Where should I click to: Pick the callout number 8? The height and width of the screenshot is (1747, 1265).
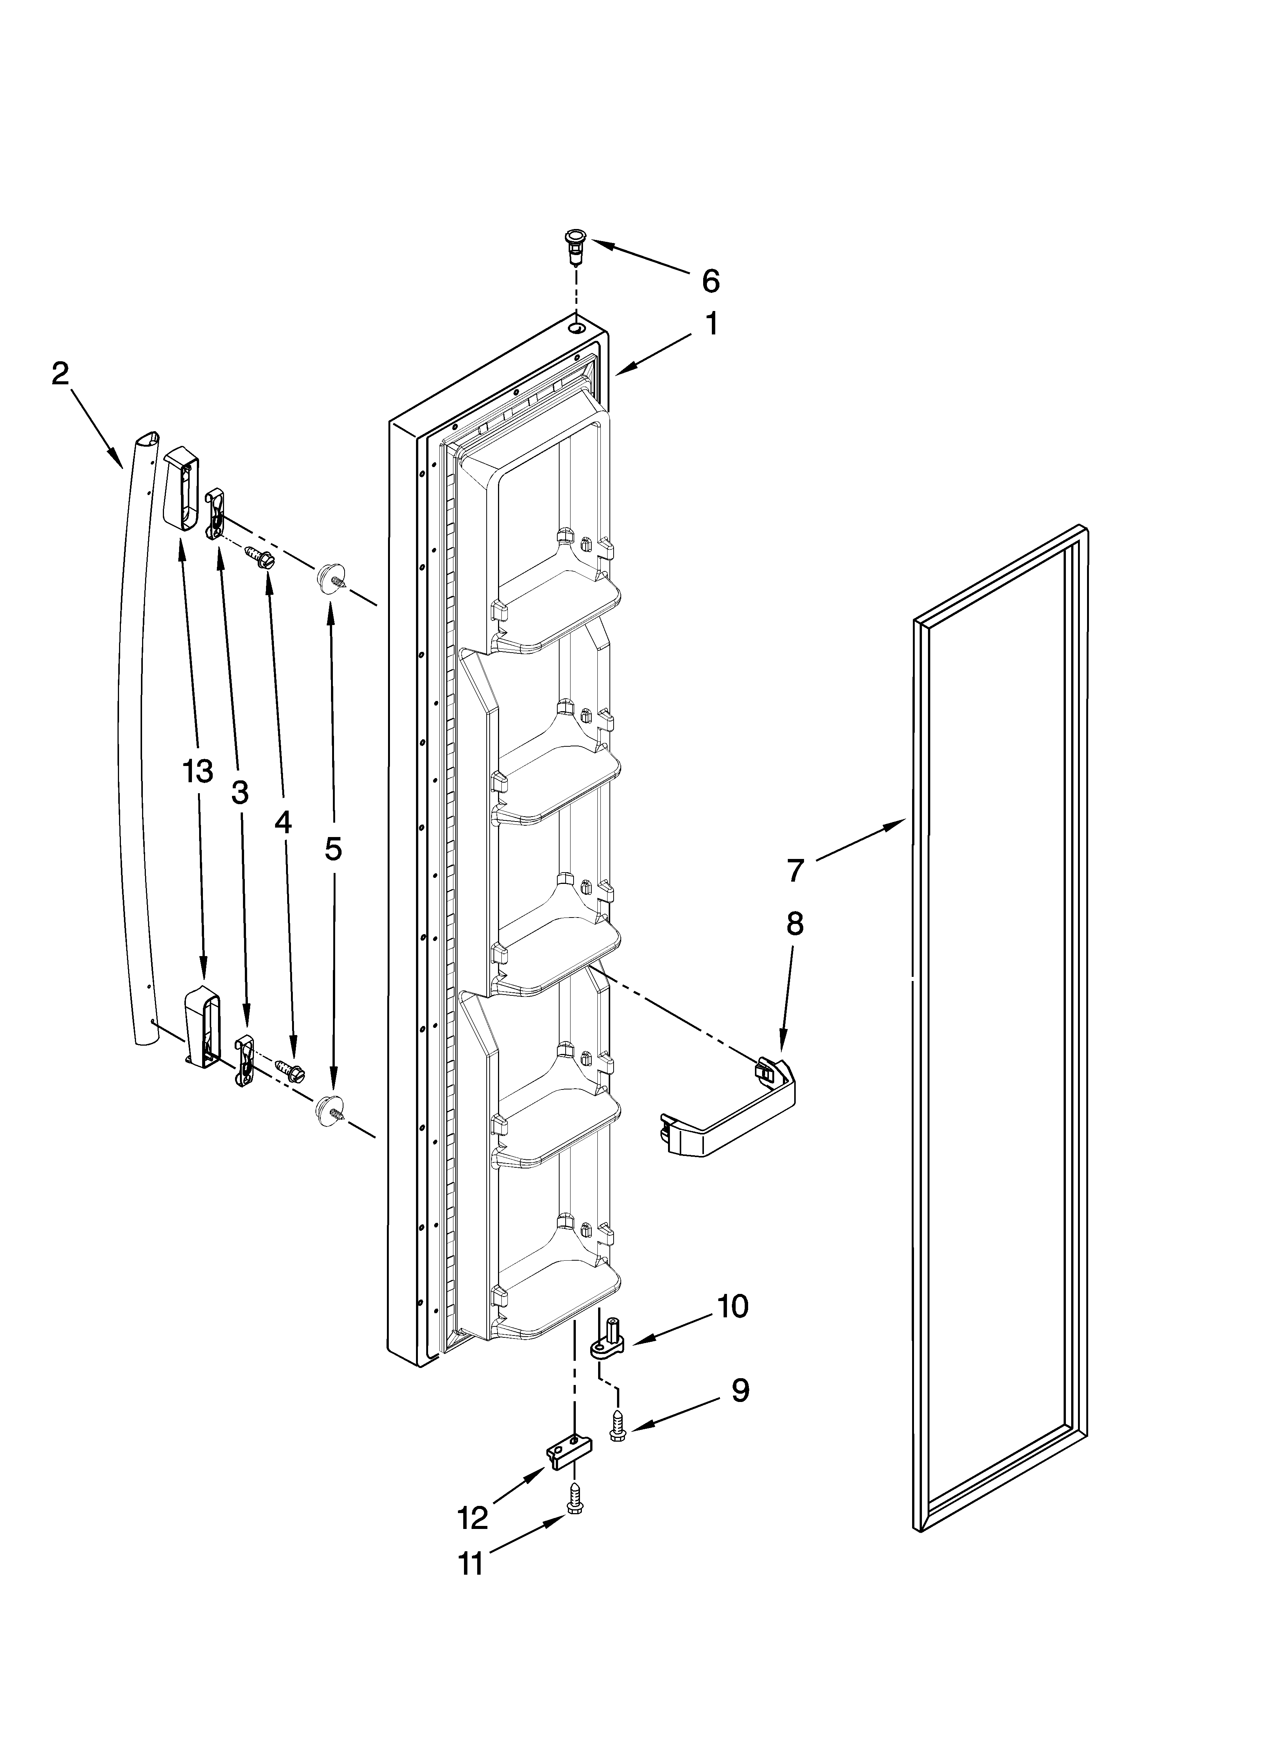(x=794, y=924)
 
